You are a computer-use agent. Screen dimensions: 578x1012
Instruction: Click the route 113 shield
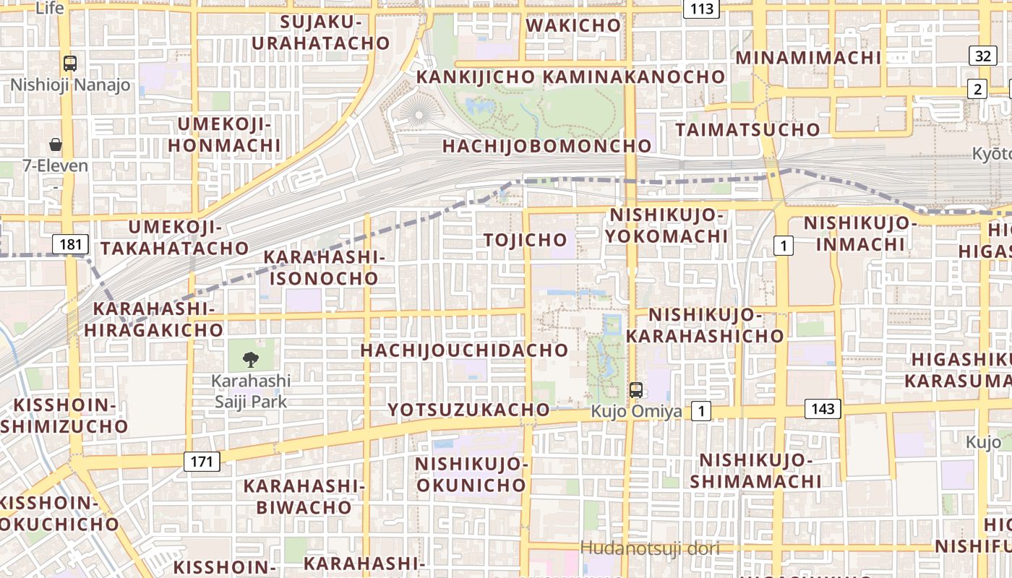[x=701, y=9]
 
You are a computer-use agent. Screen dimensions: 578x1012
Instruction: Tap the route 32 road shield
[x=982, y=56]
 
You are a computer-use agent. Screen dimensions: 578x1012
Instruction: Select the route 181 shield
[x=70, y=244]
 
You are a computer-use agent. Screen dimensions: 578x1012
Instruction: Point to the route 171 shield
[x=201, y=461]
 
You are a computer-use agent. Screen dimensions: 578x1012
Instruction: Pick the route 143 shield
[x=823, y=409]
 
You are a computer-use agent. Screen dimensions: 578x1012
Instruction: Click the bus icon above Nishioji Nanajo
[x=70, y=64]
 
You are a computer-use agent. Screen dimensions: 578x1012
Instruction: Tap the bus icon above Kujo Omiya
[x=636, y=390]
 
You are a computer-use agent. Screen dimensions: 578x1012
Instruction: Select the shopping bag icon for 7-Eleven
[x=56, y=144]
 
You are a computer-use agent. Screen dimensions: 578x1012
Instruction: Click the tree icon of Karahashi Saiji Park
[x=251, y=359]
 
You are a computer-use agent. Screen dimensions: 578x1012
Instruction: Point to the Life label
[x=49, y=8]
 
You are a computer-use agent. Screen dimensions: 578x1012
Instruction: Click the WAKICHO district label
[x=573, y=25]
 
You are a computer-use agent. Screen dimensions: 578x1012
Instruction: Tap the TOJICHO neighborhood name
[x=526, y=240]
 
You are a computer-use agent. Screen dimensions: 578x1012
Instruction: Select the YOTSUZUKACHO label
[x=469, y=410]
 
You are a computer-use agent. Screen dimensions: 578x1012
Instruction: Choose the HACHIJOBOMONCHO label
[x=547, y=146]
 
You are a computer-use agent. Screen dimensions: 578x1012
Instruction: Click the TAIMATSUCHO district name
[x=748, y=130]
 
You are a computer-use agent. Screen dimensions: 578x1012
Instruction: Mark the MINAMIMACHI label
[x=808, y=58]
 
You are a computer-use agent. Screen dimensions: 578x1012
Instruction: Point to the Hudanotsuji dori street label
[x=650, y=548]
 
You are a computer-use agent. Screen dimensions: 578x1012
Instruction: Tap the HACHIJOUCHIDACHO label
[x=465, y=350]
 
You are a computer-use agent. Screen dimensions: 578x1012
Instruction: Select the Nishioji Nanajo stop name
[x=70, y=85]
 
